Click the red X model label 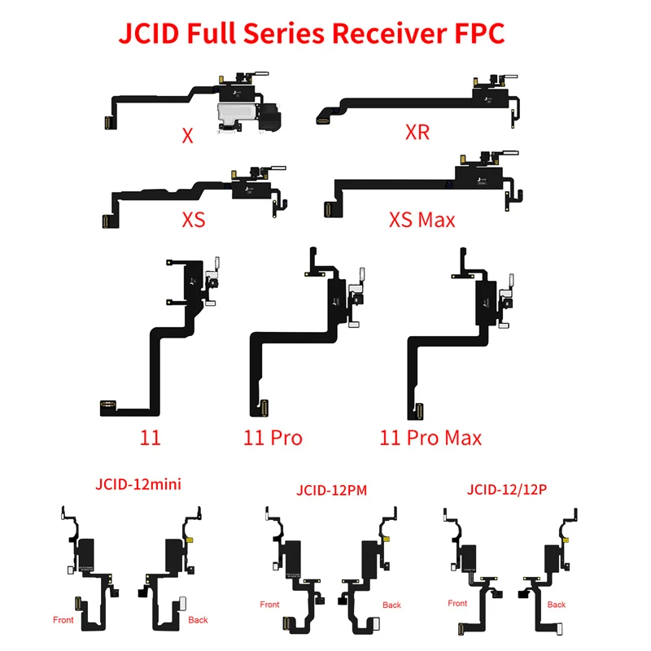[188, 136]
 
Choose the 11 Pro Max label [430, 438]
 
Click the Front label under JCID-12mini [63, 620]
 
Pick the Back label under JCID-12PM [392, 605]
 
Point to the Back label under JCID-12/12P [557, 605]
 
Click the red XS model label [194, 220]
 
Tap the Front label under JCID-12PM [269, 605]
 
